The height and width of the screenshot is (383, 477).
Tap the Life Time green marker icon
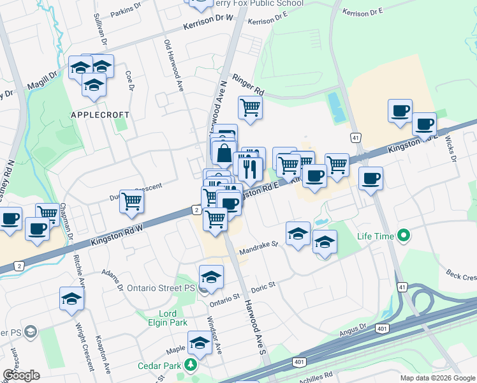click(x=403, y=237)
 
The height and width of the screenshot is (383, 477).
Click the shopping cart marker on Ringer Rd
click(x=250, y=108)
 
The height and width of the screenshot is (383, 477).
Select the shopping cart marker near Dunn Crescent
click(x=131, y=201)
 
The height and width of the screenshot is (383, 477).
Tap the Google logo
click(x=21, y=375)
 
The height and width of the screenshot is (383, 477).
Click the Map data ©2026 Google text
click(x=437, y=378)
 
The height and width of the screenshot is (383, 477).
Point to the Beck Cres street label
click(x=461, y=276)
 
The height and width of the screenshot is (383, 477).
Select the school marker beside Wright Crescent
click(x=71, y=299)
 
